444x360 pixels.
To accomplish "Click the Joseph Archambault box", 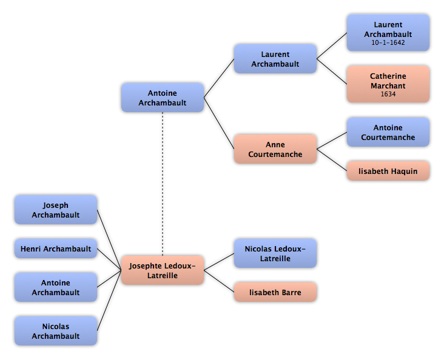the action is (56, 210).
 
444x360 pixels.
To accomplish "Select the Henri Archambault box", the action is (56, 248).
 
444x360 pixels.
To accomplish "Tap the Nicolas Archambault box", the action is (56, 331).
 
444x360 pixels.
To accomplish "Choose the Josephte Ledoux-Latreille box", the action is (163, 270).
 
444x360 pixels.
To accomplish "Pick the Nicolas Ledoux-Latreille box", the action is (275, 253).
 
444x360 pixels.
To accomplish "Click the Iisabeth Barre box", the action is (275, 292).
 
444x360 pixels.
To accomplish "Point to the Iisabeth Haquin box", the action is (388, 171).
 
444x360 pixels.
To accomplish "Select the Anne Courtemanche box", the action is (275, 149).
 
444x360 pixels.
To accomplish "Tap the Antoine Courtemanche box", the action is (388, 132).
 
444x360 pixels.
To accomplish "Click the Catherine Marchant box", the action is (388, 84).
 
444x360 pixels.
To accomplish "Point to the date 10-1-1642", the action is (388, 43).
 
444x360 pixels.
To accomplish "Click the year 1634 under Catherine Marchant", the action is (388, 95).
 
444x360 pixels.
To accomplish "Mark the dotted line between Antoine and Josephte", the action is (163, 184).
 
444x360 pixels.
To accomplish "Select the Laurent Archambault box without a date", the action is (275, 59).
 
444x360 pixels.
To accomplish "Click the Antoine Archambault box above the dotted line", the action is (163, 98).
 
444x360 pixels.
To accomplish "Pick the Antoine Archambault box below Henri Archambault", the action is (56, 287).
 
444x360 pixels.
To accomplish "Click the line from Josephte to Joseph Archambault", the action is (109, 240).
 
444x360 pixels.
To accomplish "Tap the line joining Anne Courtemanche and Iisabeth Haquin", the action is (332, 160).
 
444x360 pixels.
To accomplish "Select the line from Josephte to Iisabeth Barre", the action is (219, 281).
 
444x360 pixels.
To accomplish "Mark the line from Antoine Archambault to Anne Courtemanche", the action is (219, 124).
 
